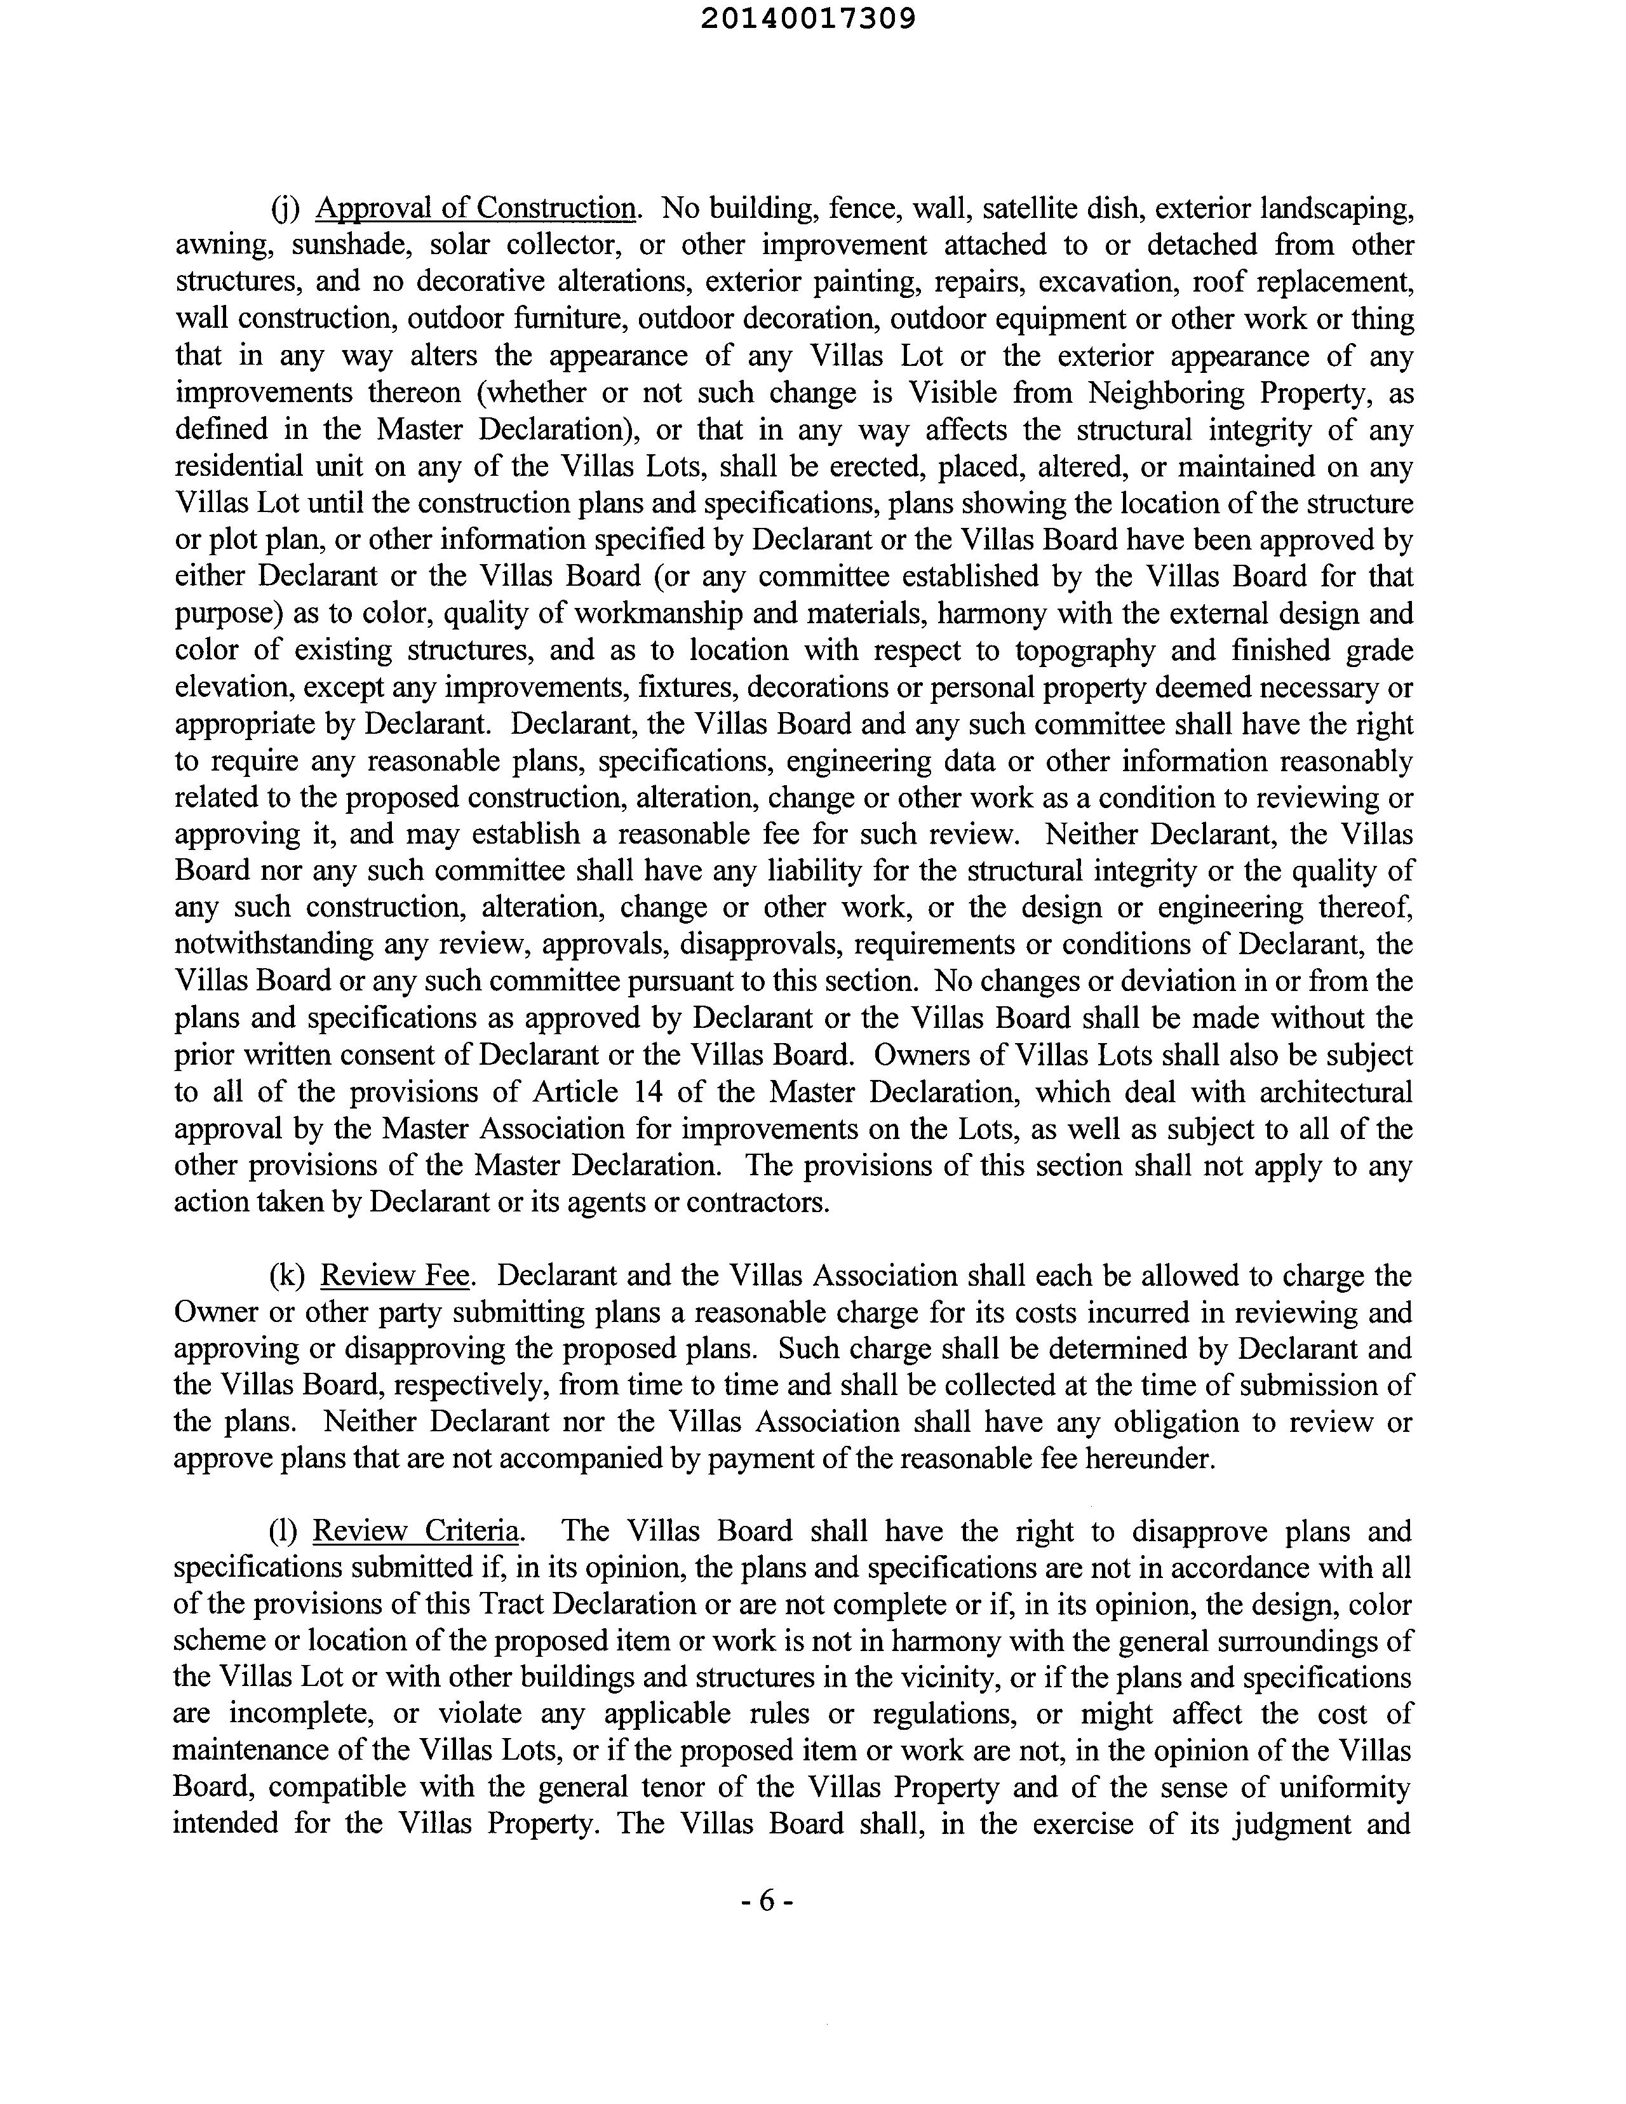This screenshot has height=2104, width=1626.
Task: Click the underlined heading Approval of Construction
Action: pyautogui.click(x=476, y=208)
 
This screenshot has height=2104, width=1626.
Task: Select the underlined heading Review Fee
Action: pyautogui.click(x=395, y=1276)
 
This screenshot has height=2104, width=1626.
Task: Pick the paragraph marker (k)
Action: pyautogui.click(x=287, y=1276)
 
